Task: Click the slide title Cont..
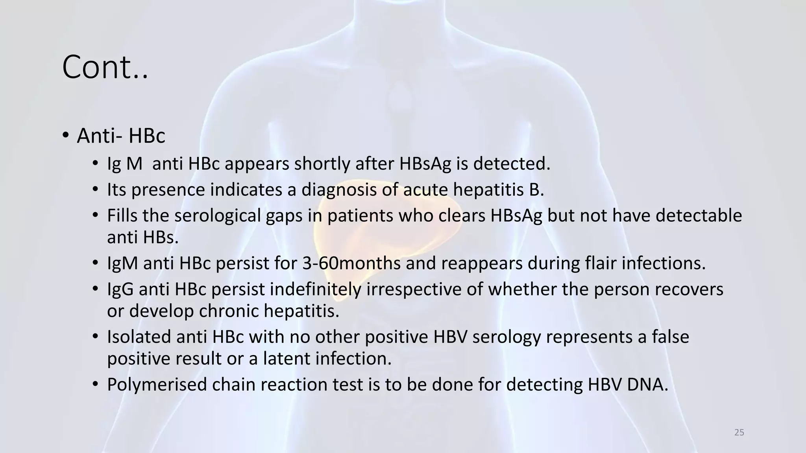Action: (x=105, y=68)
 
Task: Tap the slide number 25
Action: (x=739, y=433)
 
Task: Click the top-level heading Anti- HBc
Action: (x=121, y=136)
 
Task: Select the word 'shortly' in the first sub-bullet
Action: (x=322, y=164)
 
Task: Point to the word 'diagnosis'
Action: (x=339, y=190)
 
